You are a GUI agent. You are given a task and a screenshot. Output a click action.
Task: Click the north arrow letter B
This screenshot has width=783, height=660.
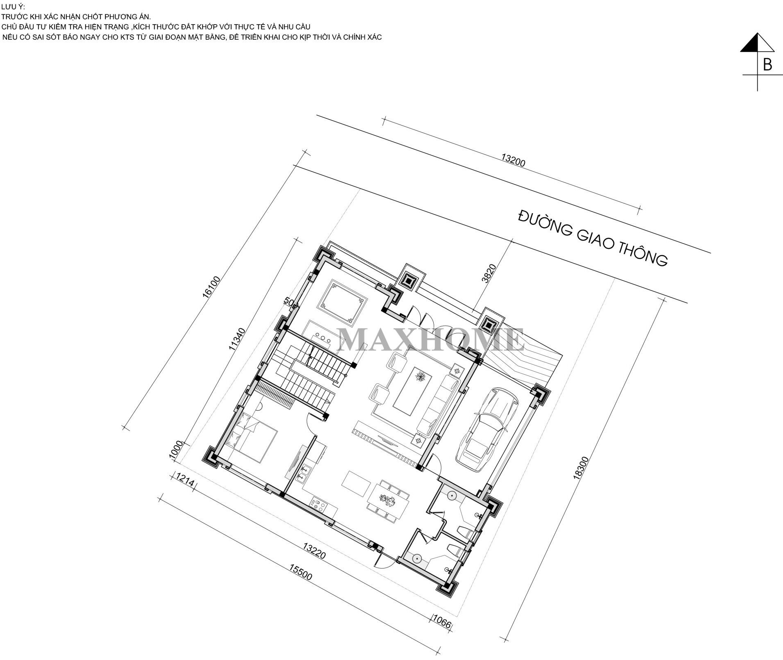(x=767, y=65)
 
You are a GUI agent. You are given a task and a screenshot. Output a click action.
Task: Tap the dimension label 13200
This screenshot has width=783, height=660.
(x=513, y=159)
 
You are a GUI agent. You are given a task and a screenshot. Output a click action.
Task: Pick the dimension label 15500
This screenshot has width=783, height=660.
(x=300, y=572)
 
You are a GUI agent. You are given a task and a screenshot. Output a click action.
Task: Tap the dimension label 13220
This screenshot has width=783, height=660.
(x=314, y=551)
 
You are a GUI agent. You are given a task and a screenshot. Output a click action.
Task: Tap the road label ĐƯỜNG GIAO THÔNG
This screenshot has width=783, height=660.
(x=593, y=238)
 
